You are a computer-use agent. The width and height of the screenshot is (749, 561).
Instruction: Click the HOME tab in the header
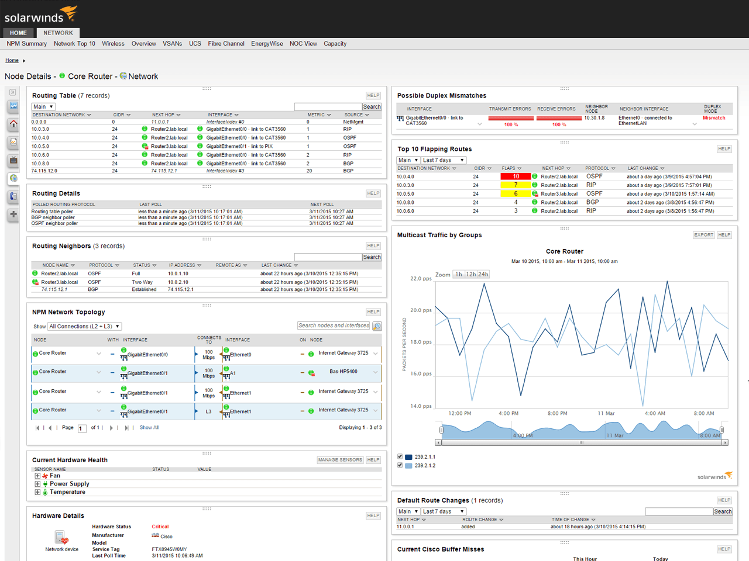[18, 33]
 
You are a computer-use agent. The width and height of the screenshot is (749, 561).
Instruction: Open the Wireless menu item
[113, 44]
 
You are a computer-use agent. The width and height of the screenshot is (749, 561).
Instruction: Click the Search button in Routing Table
[372, 106]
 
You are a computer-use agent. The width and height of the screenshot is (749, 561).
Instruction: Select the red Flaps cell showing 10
[516, 176]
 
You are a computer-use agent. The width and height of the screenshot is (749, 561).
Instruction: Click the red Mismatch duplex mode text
[714, 118]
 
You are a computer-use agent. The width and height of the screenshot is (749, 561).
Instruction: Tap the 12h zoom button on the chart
[471, 274]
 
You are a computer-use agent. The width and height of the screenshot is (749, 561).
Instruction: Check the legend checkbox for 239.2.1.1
[400, 456]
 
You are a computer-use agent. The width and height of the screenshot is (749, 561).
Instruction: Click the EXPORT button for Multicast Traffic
[703, 235]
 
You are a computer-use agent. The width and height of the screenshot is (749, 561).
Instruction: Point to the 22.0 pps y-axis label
[421, 278]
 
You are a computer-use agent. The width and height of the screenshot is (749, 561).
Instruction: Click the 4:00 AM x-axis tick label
[654, 413]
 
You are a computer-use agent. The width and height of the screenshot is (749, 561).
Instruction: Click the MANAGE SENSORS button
[340, 459]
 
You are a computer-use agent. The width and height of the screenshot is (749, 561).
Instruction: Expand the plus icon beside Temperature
[37, 492]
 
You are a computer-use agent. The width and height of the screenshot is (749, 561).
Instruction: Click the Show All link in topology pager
[149, 428]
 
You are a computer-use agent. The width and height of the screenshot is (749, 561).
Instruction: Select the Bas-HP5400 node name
[343, 371]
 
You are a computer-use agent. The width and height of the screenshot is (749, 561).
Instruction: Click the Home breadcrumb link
[12, 60]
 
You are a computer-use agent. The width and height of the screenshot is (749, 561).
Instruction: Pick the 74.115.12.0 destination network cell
[44, 171]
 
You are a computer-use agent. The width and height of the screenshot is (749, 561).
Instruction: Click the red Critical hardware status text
[160, 527]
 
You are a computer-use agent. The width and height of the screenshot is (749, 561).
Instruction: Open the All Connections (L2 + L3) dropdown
[84, 326]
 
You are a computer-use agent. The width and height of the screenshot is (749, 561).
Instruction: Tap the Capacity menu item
[335, 44]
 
